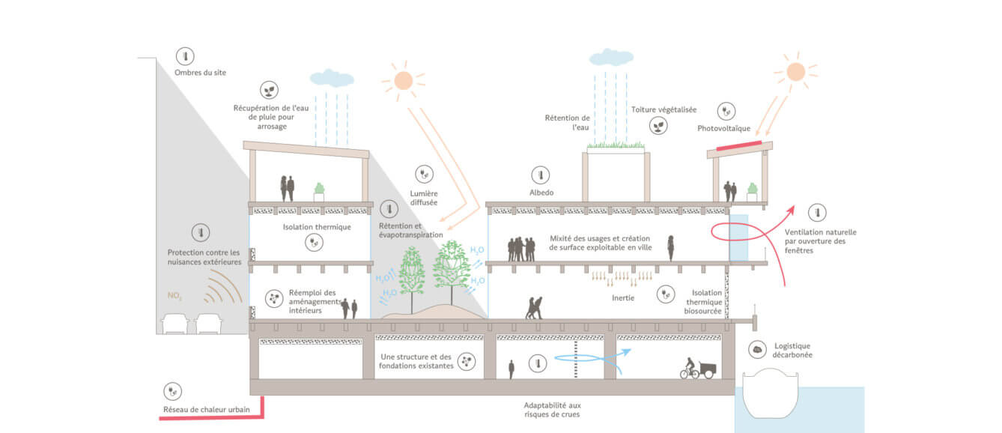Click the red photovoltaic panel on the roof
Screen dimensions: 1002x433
(x=739, y=145)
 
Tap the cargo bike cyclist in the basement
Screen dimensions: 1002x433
(x=698, y=368)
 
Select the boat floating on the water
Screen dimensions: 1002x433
(x=771, y=393)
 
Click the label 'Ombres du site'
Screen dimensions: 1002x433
(x=200, y=73)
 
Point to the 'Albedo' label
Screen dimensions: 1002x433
(x=541, y=193)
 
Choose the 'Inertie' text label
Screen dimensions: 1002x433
(x=623, y=298)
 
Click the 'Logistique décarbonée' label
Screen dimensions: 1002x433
(x=792, y=351)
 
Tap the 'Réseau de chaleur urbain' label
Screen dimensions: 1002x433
(x=206, y=409)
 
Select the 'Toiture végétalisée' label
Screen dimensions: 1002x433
(x=664, y=109)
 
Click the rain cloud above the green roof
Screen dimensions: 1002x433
(x=611, y=57)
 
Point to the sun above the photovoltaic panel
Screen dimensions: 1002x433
(x=796, y=72)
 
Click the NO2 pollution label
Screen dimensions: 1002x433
(x=174, y=296)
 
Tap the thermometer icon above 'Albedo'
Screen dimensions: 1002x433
(x=541, y=175)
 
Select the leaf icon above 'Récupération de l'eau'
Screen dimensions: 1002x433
(x=269, y=91)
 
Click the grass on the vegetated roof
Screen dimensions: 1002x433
(x=616, y=145)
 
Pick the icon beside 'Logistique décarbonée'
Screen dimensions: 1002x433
(x=757, y=349)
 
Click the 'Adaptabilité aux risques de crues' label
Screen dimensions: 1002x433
(x=553, y=410)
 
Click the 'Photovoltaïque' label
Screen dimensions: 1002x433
(x=723, y=128)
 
